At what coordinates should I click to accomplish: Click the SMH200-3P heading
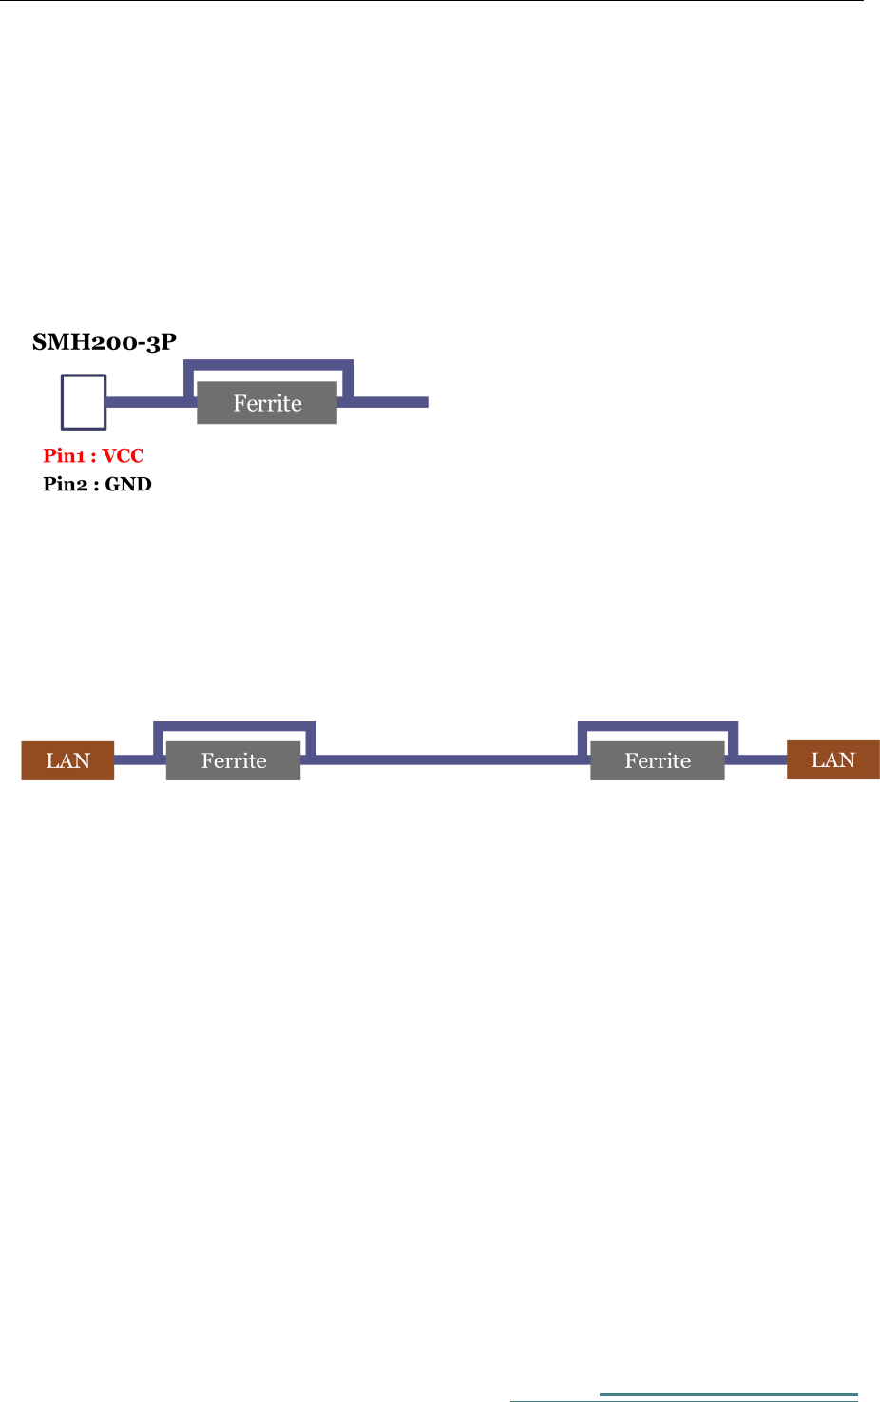[x=105, y=342]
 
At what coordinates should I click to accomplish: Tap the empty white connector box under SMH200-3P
[x=84, y=402]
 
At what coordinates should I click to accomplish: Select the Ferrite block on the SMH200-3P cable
[x=267, y=403]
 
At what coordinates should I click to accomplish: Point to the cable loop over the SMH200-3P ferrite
[x=268, y=365]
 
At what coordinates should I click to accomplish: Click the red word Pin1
[x=65, y=456]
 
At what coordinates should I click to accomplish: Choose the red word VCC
[x=124, y=456]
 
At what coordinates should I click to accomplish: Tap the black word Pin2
[x=65, y=485]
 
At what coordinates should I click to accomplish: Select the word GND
[x=128, y=485]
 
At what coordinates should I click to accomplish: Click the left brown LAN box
[x=67, y=760]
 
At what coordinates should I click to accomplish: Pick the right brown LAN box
[x=832, y=759]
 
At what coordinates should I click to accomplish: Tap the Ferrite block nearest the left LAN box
[x=233, y=760]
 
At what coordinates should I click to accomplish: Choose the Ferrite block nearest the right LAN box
[x=657, y=760]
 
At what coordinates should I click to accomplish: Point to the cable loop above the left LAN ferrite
[x=234, y=727]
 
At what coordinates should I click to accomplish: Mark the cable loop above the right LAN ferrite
[x=658, y=727]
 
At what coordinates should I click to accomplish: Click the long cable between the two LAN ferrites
[x=447, y=759]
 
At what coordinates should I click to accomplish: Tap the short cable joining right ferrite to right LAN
[x=760, y=759]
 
